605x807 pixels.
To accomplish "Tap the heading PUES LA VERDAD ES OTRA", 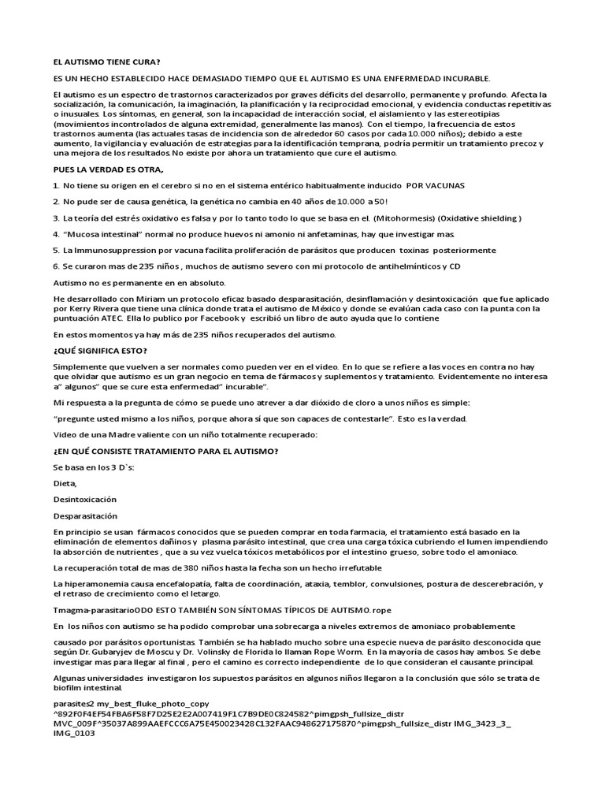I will coord(109,169).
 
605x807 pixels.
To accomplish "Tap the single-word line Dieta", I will coord(65,483).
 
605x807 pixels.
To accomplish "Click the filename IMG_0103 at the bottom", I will coord(74,734).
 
